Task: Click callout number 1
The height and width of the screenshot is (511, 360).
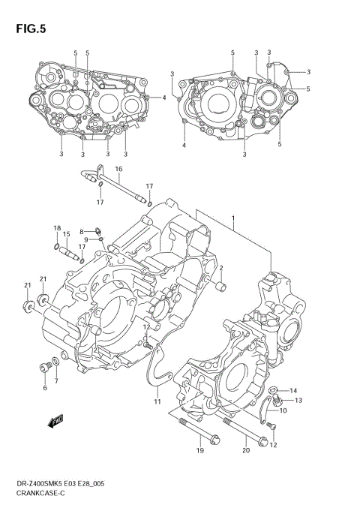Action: (x=233, y=219)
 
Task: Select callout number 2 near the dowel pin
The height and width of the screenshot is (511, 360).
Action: (x=221, y=268)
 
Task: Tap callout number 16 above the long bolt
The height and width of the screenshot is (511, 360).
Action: (x=118, y=170)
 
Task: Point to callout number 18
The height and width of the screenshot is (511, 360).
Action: (x=57, y=227)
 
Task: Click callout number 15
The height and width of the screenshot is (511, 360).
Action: (x=67, y=234)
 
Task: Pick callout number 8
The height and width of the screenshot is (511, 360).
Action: (x=82, y=231)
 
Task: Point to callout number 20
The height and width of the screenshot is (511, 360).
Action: (x=246, y=451)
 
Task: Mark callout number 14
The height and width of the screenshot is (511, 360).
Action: (x=294, y=390)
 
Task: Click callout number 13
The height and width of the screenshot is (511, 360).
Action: (x=298, y=401)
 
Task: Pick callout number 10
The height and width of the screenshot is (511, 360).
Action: (x=283, y=410)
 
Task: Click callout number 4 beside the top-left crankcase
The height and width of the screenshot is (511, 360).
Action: (x=164, y=98)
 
